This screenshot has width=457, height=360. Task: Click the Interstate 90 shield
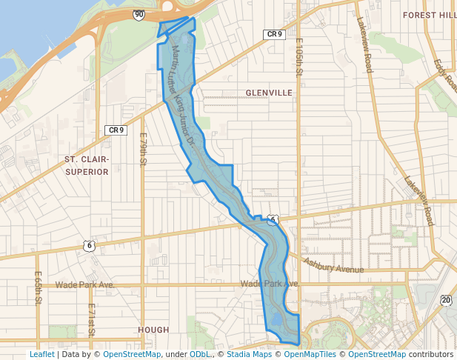tap(139, 13)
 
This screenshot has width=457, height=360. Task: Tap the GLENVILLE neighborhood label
tap(269, 93)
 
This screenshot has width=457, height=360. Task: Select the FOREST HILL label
tap(430, 14)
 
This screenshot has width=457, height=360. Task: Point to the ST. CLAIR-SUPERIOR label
tap(87, 165)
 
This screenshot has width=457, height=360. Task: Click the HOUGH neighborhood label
tap(153, 330)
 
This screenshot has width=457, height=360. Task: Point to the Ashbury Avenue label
tap(334, 265)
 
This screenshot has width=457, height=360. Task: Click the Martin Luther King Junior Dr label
tap(182, 96)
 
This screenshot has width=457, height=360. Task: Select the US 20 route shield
tap(445, 300)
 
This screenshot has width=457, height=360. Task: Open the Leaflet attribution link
tap(41, 354)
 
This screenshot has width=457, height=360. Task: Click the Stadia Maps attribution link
tap(253, 354)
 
